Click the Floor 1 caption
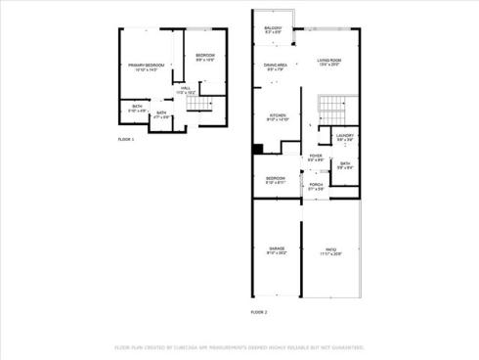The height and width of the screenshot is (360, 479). [125, 140]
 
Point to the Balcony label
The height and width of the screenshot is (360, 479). [273, 29]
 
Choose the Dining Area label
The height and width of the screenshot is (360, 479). [276, 67]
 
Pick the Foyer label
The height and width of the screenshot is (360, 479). [316, 157]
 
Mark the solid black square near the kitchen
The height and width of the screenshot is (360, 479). [257, 149]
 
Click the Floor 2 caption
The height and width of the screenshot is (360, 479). [258, 311]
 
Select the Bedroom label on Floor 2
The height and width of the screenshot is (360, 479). [276, 180]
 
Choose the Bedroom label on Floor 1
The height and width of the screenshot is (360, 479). [204, 56]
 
